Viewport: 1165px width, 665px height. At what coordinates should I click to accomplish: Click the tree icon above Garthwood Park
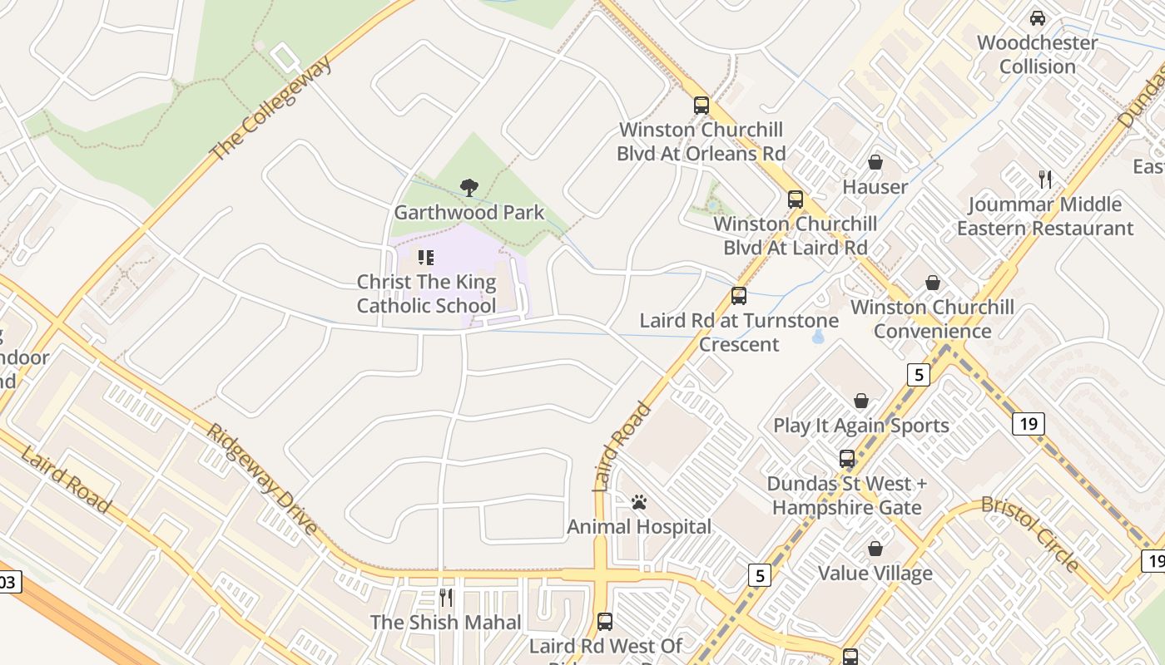[x=468, y=188]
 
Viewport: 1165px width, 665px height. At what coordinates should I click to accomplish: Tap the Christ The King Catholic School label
[x=426, y=294]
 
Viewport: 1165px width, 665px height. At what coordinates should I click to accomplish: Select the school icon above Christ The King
[x=426, y=258]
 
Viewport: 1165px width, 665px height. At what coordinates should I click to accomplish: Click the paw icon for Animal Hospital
[x=639, y=502]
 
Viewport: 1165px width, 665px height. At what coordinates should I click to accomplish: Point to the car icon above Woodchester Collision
[x=1037, y=17]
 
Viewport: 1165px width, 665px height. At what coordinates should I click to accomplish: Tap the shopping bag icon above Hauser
[x=875, y=162]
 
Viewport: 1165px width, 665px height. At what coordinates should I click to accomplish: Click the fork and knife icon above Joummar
[x=1045, y=179]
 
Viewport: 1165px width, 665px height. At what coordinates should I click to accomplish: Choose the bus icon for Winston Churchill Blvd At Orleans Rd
[x=701, y=106]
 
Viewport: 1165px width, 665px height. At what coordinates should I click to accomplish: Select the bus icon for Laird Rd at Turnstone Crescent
[x=738, y=296]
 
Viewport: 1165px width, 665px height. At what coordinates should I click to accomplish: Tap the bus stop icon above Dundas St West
[x=846, y=459]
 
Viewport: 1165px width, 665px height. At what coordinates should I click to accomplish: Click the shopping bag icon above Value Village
[x=875, y=549]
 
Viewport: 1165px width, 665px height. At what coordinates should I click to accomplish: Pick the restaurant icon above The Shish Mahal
[x=446, y=597]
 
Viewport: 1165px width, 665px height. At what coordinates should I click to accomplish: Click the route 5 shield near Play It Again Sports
[x=918, y=375]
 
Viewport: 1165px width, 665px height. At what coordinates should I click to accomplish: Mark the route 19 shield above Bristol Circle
[x=1029, y=424]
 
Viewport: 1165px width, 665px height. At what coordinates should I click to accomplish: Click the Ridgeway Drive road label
[x=261, y=480]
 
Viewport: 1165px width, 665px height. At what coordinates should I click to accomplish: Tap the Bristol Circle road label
[x=1030, y=534]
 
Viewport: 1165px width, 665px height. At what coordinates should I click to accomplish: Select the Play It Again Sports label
[x=860, y=426]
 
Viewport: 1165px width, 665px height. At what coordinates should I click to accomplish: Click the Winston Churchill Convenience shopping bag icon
[x=932, y=283]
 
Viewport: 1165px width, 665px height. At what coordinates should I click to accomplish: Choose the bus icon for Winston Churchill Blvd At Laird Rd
[x=796, y=199]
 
